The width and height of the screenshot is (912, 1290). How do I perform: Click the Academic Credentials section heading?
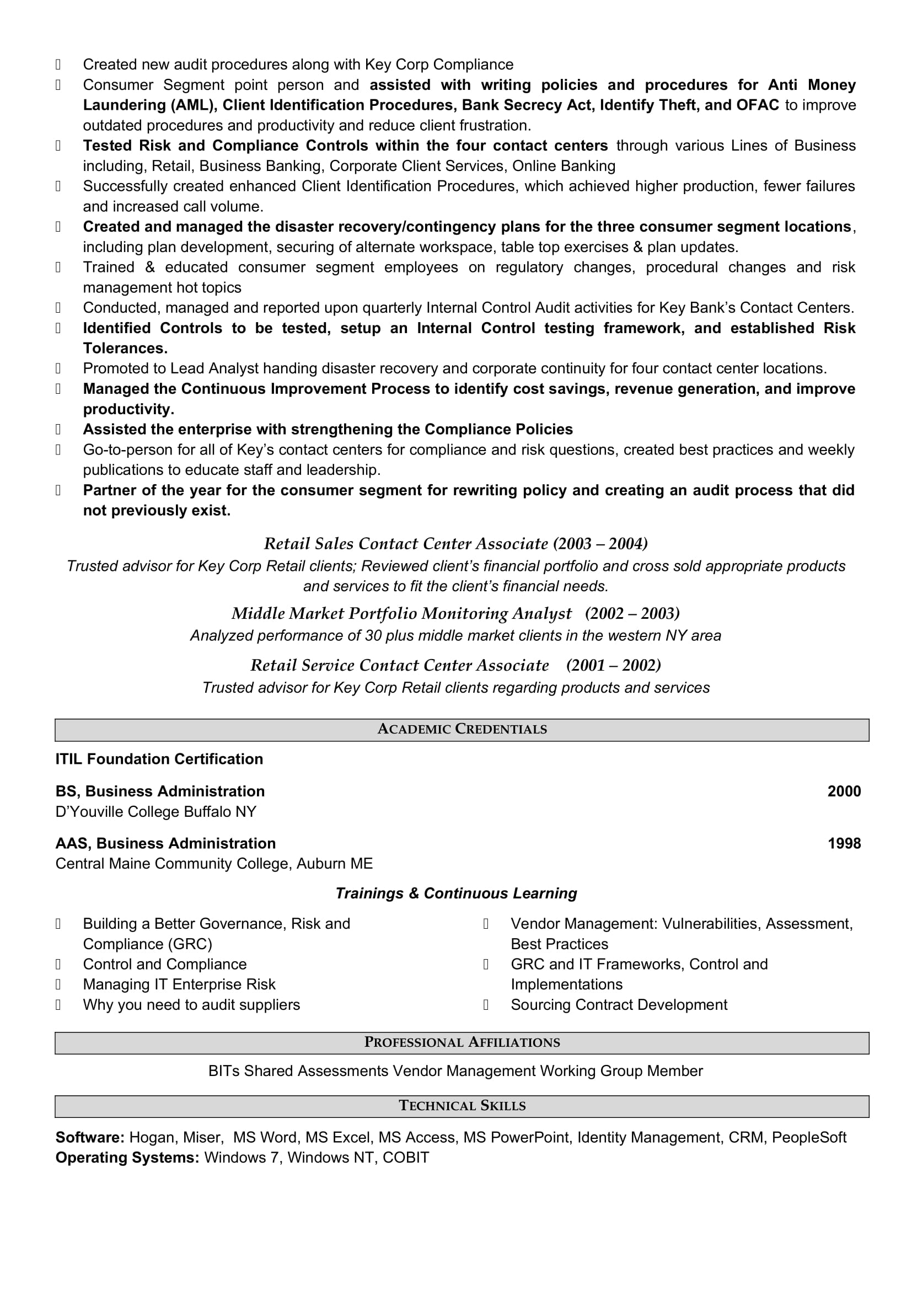462,729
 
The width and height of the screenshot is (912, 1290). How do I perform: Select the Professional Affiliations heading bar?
462,1042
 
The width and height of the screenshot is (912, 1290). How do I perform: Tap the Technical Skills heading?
462,1106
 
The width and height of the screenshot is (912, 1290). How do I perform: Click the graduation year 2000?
844,791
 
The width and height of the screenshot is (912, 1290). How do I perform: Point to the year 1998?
844,843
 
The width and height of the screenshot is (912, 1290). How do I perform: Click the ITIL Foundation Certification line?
159,759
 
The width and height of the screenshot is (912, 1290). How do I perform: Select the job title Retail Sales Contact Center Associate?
405,543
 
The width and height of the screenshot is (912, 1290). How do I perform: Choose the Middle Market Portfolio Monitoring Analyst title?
401,613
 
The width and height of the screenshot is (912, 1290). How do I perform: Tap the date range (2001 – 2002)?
613,665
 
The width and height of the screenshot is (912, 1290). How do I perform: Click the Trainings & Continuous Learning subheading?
456,893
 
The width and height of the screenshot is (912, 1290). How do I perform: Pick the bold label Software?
90,1137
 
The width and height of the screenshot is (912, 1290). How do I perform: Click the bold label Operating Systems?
127,1158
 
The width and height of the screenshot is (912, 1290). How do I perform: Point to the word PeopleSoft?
809,1137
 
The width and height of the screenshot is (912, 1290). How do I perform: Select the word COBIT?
405,1158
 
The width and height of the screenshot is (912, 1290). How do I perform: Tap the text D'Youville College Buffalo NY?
155,811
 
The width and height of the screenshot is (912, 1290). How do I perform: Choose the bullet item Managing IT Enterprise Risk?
179,984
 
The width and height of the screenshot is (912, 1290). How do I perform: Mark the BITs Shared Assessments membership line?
455,1071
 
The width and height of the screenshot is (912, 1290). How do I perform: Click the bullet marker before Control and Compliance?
58,964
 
